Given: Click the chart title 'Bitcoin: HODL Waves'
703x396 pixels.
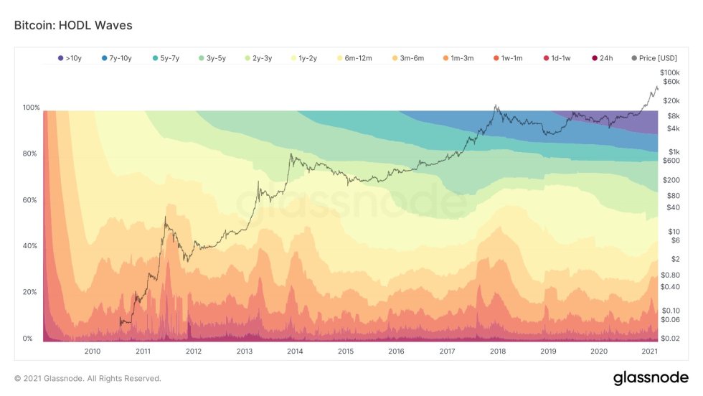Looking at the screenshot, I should click(x=73, y=25).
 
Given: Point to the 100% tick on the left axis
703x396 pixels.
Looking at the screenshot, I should click(x=32, y=108).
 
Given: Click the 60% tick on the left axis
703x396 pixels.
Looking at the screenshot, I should click(x=32, y=200).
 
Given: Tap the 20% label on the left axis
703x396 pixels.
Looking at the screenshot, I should click(x=32, y=292).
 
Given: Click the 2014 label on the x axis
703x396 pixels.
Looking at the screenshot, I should click(x=294, y=351).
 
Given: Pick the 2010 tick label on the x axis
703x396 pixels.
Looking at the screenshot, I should click(x=92, y=351).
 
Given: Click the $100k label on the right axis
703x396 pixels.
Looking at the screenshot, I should click(x=669, y=73).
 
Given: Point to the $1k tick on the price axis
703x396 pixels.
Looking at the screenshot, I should click(x=674, y=152).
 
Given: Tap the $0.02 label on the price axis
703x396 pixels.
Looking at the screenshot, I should click(x=670, y=338).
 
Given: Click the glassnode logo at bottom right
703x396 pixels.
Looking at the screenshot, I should click(x=651, y=378).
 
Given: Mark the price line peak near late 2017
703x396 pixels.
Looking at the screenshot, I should click(x=495, y=106).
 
